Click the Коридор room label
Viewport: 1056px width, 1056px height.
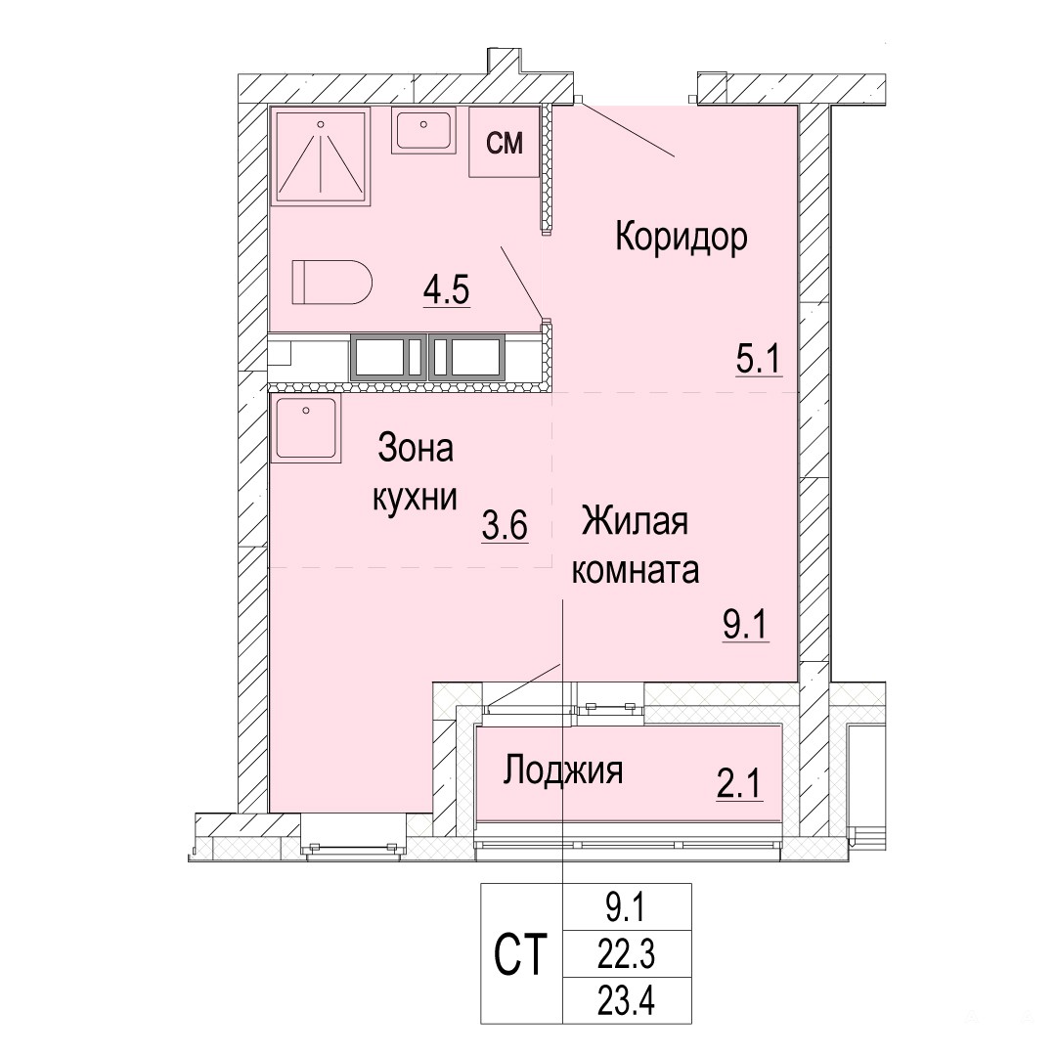click(681, 238)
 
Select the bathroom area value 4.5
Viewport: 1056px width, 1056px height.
click(446, 291)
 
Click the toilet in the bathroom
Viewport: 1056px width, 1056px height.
click(332, 283)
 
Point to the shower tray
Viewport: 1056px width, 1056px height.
click(321, 156)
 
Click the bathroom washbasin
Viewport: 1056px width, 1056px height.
click(423, 131)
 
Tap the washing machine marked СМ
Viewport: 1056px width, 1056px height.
click(505, 142)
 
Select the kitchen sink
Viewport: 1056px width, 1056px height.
click(306, 428)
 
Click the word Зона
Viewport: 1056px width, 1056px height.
click(416, 448)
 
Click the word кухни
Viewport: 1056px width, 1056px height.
click(415, 498)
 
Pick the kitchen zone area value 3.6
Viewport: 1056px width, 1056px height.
click(505, 525)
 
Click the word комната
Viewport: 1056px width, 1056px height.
click(636, 570)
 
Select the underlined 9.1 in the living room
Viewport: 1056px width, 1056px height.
click(745, 625)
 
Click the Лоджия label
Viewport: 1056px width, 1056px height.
click(563, 770)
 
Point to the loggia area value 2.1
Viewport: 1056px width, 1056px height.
click(739, 782)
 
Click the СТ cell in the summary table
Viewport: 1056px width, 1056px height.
click(520, 953)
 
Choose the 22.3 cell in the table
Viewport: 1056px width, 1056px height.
click(627, 953)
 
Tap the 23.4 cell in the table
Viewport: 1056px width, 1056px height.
click(627, 1000)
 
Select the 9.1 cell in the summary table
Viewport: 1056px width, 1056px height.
click(627, 907)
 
